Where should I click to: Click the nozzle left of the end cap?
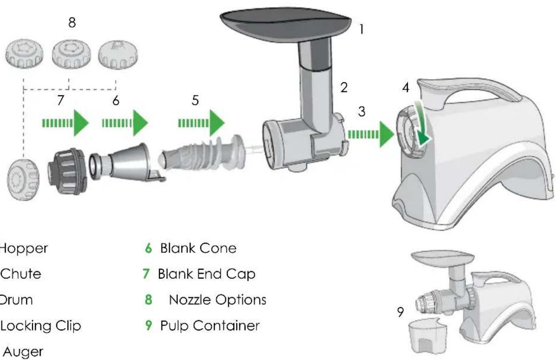(22, 180)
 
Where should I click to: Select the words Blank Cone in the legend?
(198, 248)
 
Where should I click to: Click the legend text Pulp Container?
(209, 326)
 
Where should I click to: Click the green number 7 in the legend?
(146, 274)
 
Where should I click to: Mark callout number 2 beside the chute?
(344, 88)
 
